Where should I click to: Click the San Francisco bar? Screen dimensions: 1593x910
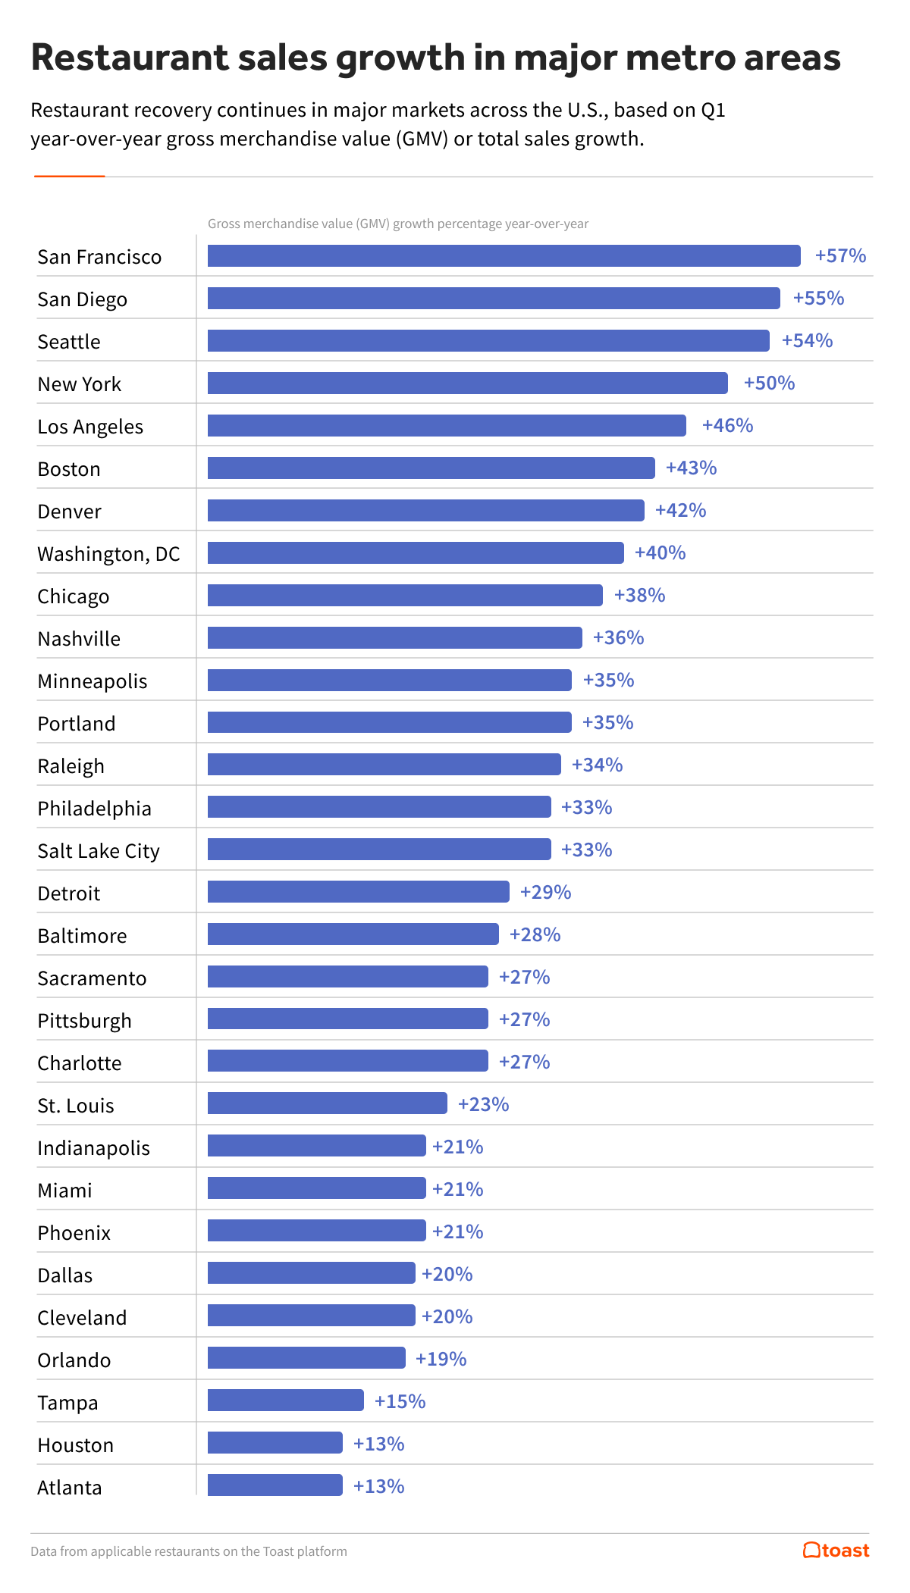504,256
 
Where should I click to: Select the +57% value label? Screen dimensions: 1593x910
840,256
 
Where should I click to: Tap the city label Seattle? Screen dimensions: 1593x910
69,342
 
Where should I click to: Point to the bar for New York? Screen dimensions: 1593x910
467,383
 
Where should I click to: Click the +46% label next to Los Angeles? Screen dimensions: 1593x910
727,426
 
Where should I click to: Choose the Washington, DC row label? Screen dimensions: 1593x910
108,554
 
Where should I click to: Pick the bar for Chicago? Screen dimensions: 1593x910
405,596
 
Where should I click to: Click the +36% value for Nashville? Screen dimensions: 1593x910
618,638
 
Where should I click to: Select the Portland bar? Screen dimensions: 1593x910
389,723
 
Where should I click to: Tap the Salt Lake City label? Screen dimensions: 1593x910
99,851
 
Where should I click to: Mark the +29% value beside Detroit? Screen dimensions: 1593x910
545,893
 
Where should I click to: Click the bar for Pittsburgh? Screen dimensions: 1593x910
347,1019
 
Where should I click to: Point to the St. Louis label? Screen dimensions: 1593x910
76,1106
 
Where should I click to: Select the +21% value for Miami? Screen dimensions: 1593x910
457,1190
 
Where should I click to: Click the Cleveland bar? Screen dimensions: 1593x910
311,1316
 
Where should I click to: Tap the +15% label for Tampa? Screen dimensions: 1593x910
400,1402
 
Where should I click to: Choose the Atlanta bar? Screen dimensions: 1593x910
275,1486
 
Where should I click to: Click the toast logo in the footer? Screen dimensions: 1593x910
836,1551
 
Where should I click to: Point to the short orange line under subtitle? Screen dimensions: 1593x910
69,177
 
